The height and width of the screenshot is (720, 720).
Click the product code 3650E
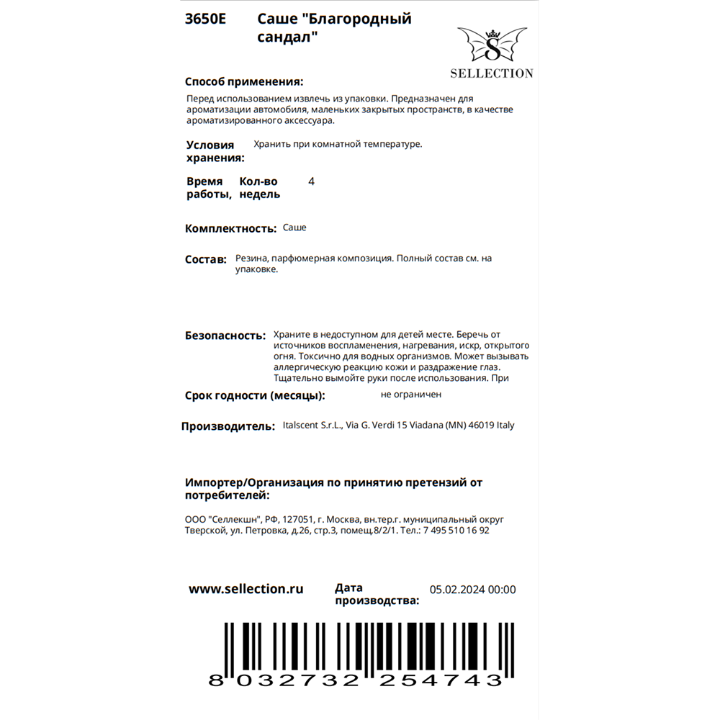[x=205, y=19]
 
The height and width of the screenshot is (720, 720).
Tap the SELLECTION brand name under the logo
[x=492, y=73]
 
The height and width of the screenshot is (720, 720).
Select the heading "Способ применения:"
[x=244, y=81]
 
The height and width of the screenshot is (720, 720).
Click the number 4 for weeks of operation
[x=311, y=181]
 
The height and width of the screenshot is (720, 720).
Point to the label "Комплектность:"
[x=230, y=228]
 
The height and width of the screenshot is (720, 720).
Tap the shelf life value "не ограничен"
[x=411, y=395]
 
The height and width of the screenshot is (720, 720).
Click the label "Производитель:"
[x=228, y=426]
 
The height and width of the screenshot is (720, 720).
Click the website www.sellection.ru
[x=246, y=589]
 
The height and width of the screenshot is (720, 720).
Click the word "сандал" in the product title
[x=288, y=37]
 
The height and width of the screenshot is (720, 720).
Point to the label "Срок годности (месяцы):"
[x=255, y=395]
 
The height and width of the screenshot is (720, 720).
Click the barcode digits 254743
[x=441, y=680]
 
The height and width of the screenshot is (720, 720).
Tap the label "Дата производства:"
[x=377, y=595]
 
